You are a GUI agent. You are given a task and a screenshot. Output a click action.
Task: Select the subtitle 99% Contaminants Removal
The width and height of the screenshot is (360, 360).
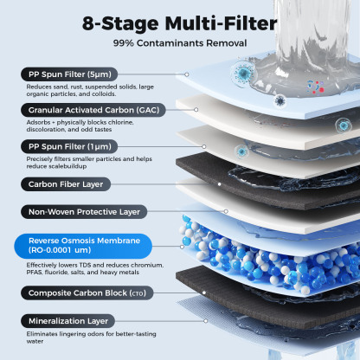pos(179,42)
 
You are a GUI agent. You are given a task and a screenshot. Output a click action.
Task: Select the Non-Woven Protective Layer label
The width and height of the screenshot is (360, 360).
pos(83,210)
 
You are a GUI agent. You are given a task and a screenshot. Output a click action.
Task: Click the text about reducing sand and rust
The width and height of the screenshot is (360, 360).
pos(92,91)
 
